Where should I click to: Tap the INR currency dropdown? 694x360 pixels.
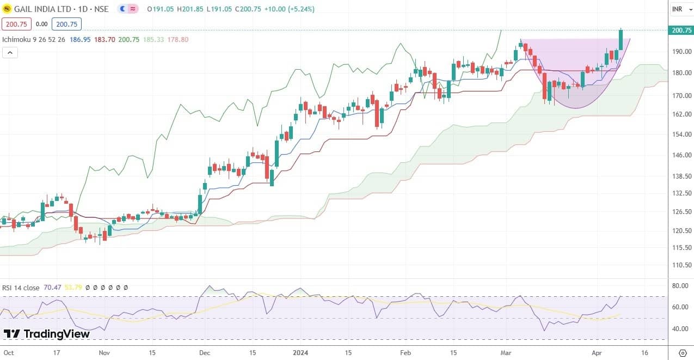[x=679, y=9]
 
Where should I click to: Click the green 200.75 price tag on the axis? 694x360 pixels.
[x=681, y=30]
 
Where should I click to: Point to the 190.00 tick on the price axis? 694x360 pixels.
[x=681, y=52]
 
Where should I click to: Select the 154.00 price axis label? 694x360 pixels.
[x=681, y=134]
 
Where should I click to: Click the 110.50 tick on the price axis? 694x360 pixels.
[x=681, y=265]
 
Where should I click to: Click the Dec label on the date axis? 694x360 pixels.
[x=205, y=352]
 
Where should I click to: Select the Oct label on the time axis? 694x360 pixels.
[x=9, y=352]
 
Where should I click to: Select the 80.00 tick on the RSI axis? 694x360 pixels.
[x=680, y=285]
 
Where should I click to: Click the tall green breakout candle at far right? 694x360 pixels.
[x=621, y=40]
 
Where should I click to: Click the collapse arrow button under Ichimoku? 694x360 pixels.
[x=10, y=52]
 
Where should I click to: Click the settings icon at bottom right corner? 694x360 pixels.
[x=683, y=352]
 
